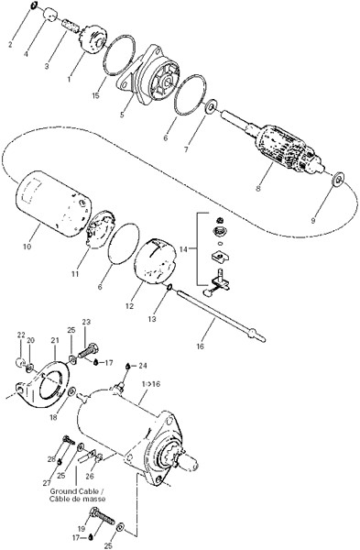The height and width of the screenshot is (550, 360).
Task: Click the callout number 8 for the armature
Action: tap(258, 188)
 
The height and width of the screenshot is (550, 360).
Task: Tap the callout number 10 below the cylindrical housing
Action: tap(27, 247)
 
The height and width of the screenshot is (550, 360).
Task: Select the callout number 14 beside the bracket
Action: tap(184, 249)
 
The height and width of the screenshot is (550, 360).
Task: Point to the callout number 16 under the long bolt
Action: tap(200, 346)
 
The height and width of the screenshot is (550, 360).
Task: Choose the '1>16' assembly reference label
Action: tap(151, 384)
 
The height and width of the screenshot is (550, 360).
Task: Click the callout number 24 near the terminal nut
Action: tap(142, 366)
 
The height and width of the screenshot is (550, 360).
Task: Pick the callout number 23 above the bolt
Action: tap(86, 322)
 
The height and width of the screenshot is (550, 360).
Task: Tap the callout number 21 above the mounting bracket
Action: tap(55, 340)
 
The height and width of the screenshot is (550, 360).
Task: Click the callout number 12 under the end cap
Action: tap(129, 306)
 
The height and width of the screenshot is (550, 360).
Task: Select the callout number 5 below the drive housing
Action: tap(122, 115)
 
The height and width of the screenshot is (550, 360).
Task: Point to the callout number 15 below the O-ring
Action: tap(95, 95)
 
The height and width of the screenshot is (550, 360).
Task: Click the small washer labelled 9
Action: tap(339, 180)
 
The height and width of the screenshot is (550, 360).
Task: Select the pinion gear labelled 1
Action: tap(93, 39)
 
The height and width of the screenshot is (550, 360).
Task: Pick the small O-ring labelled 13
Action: tap(169, 288)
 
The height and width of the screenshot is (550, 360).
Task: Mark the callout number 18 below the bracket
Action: tap(54, 418)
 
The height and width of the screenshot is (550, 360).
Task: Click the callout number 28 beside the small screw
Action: tap(51, 459)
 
